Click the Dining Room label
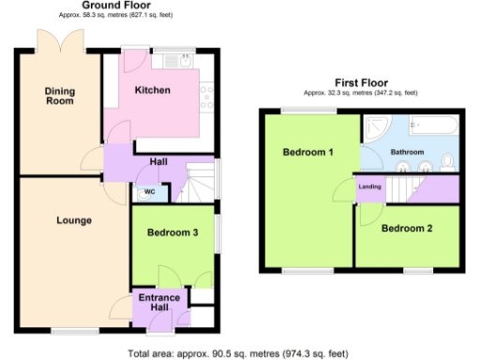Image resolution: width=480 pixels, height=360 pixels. [60, 96]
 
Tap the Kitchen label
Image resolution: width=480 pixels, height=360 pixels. [152, 90]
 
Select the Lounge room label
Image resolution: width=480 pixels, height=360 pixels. [73, 221]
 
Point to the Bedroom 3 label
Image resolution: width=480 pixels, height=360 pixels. [170, 232]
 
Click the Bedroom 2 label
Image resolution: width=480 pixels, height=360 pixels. [407, 228]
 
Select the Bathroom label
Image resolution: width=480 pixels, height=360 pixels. [408, 152]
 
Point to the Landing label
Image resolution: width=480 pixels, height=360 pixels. [368, 187]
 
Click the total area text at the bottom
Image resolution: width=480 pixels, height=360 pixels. [238, 353]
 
